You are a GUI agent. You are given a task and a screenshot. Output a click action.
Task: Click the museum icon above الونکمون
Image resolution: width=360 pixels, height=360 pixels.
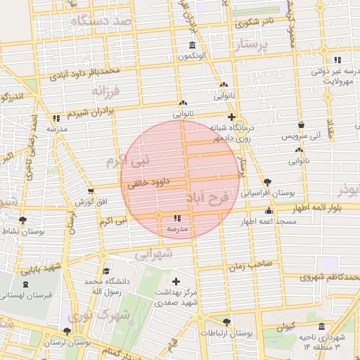192,46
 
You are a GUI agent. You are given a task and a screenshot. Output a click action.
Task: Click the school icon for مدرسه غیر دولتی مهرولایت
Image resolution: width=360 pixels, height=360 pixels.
337,60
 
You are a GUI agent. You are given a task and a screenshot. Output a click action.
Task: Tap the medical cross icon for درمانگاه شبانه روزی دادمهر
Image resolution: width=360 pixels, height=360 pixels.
231,117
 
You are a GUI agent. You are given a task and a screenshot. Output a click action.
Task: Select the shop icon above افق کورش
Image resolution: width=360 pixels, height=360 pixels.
91,191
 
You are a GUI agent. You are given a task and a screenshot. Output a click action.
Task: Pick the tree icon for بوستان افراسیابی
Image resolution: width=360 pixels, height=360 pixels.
266,181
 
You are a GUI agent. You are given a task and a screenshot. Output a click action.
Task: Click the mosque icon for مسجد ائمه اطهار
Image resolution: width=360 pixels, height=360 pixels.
268,212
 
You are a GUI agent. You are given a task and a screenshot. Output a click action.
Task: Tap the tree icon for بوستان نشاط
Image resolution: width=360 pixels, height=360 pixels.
23,221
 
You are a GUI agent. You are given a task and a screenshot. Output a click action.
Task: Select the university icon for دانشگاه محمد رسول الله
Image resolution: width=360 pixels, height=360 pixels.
105,271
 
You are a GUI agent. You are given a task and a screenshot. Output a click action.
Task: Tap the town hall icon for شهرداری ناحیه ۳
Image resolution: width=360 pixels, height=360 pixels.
321,327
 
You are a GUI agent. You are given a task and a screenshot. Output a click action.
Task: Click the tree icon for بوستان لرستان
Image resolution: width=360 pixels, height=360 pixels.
67,331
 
